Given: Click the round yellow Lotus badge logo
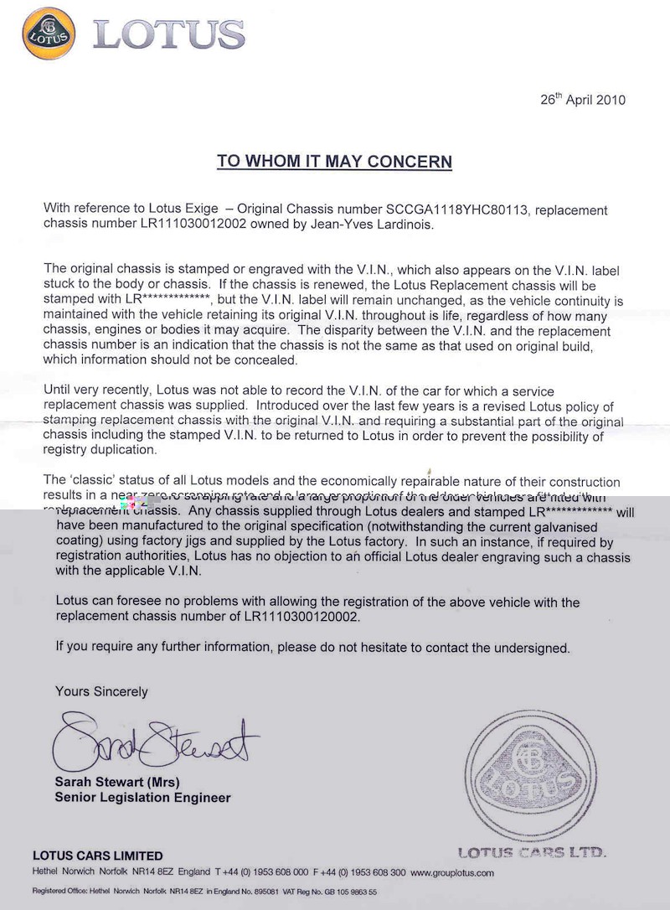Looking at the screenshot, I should (x=49, y=34).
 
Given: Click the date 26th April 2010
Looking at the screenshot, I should (x=583, y=100).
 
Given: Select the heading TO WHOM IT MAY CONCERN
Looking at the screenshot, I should (x=334, y=162).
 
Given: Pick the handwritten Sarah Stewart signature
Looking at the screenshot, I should (x=155, y=742).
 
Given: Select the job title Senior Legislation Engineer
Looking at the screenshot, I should (x=142, y=798).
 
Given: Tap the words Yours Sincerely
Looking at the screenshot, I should (x=101, y=691).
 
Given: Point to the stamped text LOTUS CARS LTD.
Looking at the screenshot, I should (x=532, y=853).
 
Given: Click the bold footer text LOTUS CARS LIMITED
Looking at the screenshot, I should (x=97, y=856).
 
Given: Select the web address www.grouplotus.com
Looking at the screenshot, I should (x=451, y=872).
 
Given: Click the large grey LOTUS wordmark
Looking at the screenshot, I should (x=169, y=34).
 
